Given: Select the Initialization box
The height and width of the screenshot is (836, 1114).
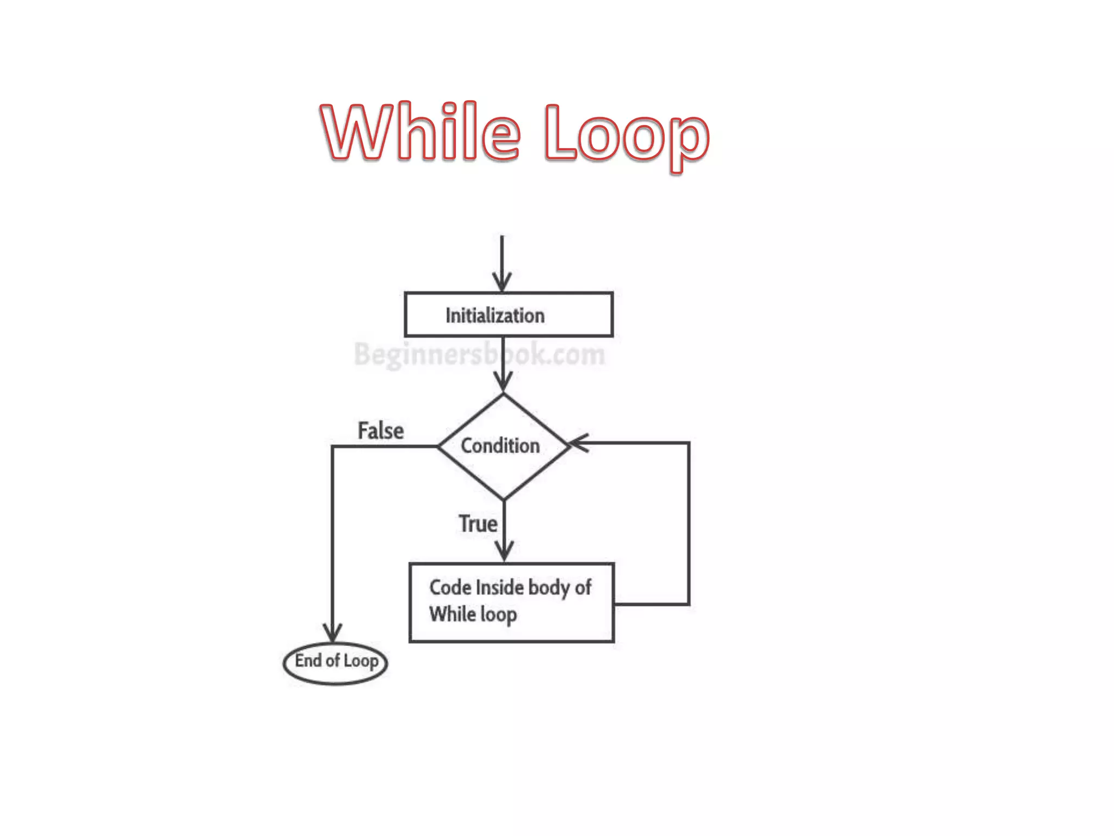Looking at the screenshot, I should click(x=509, y=315).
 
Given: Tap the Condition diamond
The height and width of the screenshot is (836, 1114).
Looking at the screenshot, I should click(x=503, y=446).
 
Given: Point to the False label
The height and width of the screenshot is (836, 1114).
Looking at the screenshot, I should click(x=381, y=431).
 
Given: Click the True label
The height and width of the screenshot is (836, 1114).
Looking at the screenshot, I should click(x=478, y=524).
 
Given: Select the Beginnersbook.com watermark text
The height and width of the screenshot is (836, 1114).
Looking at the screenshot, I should click(x=479, y=354).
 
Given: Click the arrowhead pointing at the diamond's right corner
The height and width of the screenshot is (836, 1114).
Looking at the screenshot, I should click(x=578, y=443).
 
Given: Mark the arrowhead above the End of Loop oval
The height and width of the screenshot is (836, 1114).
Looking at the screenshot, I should click(x=332, y=632).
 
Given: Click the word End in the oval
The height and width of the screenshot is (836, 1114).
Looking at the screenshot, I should click(x=308, y=660).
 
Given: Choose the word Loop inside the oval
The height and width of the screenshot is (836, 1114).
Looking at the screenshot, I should click(x=361, y=661).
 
